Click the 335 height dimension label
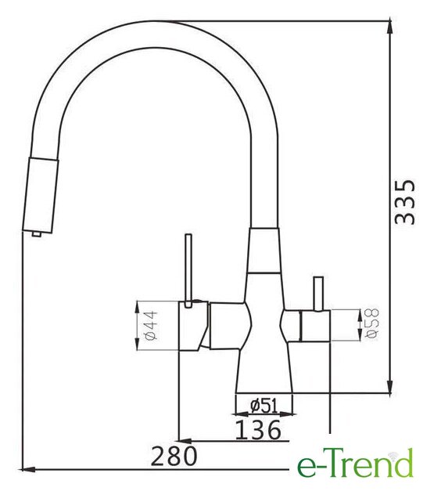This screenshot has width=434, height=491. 405,202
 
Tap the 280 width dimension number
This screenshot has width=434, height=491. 174,456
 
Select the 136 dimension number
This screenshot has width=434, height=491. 258,430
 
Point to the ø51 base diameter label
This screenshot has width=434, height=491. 264,406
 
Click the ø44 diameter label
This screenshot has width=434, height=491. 150,325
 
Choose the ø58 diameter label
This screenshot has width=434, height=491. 372,323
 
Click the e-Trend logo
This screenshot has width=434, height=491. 355,464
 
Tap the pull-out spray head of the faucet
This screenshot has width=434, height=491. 41,195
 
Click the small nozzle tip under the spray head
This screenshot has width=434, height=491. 36,234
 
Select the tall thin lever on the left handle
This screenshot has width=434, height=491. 188,271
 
